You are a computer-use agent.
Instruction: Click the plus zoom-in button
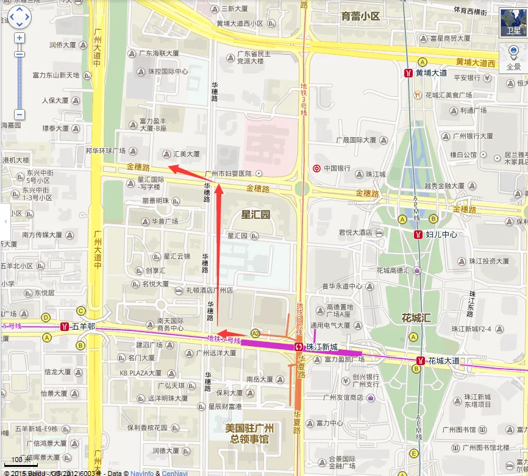coord(20,38)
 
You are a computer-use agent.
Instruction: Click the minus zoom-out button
coord(20,115)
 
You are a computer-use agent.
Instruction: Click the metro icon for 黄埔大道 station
coord(408,73)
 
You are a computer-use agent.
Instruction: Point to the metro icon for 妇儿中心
coord(418,234)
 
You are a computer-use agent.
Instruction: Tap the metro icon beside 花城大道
coord(420,361)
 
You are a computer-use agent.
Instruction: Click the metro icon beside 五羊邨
coord(64,327)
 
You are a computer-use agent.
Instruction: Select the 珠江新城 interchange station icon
coord(299,346)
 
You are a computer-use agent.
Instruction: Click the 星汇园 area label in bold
coord(255,215)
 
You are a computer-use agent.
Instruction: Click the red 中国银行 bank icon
coord(316,168)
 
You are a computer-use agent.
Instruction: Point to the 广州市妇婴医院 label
coord(229,174)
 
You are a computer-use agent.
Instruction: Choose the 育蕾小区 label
coord(360,16)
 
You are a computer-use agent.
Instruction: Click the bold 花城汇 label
coord(416,318)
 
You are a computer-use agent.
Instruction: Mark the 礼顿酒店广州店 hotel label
coord(210,291)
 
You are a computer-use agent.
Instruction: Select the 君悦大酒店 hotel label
coord(355,232)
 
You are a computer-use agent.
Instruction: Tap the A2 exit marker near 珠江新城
coord(255,333)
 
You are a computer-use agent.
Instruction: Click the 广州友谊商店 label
coord(342,398)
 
